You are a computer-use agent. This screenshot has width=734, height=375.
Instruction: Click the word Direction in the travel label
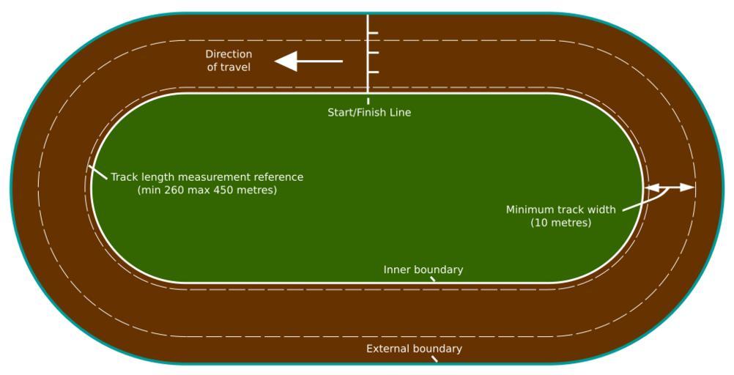(229, 54)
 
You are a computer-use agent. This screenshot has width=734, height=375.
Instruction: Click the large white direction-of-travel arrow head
(286, 62)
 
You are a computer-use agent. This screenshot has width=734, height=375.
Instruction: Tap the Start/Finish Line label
(369, 112)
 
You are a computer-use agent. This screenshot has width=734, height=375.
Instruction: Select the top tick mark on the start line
(373, 33)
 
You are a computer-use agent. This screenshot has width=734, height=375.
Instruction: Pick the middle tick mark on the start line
(373, 53)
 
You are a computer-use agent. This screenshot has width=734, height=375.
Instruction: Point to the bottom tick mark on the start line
(373, 73)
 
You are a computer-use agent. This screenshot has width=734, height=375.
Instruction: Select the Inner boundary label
(423, 270)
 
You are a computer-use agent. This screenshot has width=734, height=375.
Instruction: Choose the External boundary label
(414, 349)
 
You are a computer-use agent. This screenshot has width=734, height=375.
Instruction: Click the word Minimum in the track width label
(527, 209)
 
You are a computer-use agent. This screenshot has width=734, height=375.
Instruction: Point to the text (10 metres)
(561, 223)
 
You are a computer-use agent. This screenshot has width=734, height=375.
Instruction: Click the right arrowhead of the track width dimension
(687, 187)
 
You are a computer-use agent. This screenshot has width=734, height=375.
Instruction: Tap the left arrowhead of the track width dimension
(653, 187)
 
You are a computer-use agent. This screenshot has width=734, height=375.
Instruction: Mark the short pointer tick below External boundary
(434, 359)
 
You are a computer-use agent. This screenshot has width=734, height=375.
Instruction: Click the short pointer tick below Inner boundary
(432, 279)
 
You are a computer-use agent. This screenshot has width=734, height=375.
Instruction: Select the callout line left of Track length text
(97, 172)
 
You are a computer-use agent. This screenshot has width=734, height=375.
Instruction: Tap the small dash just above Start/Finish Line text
(368, 100)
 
